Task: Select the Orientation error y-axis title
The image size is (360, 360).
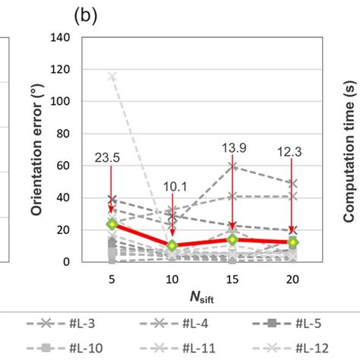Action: tap(37, 150)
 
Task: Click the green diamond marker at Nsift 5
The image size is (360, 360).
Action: tap(112, 224)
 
